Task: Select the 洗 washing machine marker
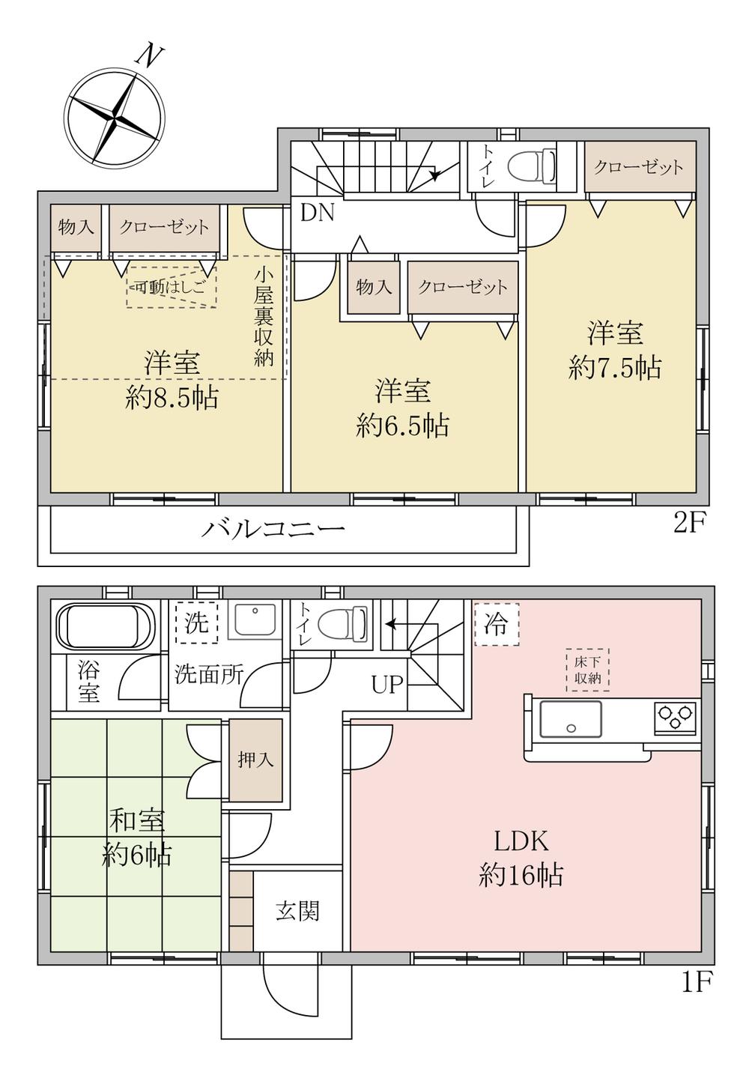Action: pos(196,622)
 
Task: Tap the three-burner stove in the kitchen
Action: pos(676,718)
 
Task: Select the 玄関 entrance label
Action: pos(297,911)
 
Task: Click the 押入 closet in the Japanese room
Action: pos(255,760)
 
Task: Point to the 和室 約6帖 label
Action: pos(136,838)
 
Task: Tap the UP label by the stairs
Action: pos(387,683)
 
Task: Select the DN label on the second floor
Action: pos(317,214)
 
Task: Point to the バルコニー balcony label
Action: pos(273,530)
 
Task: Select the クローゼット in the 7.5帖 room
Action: pos(639,167)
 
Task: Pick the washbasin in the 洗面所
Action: pos(253,620)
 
